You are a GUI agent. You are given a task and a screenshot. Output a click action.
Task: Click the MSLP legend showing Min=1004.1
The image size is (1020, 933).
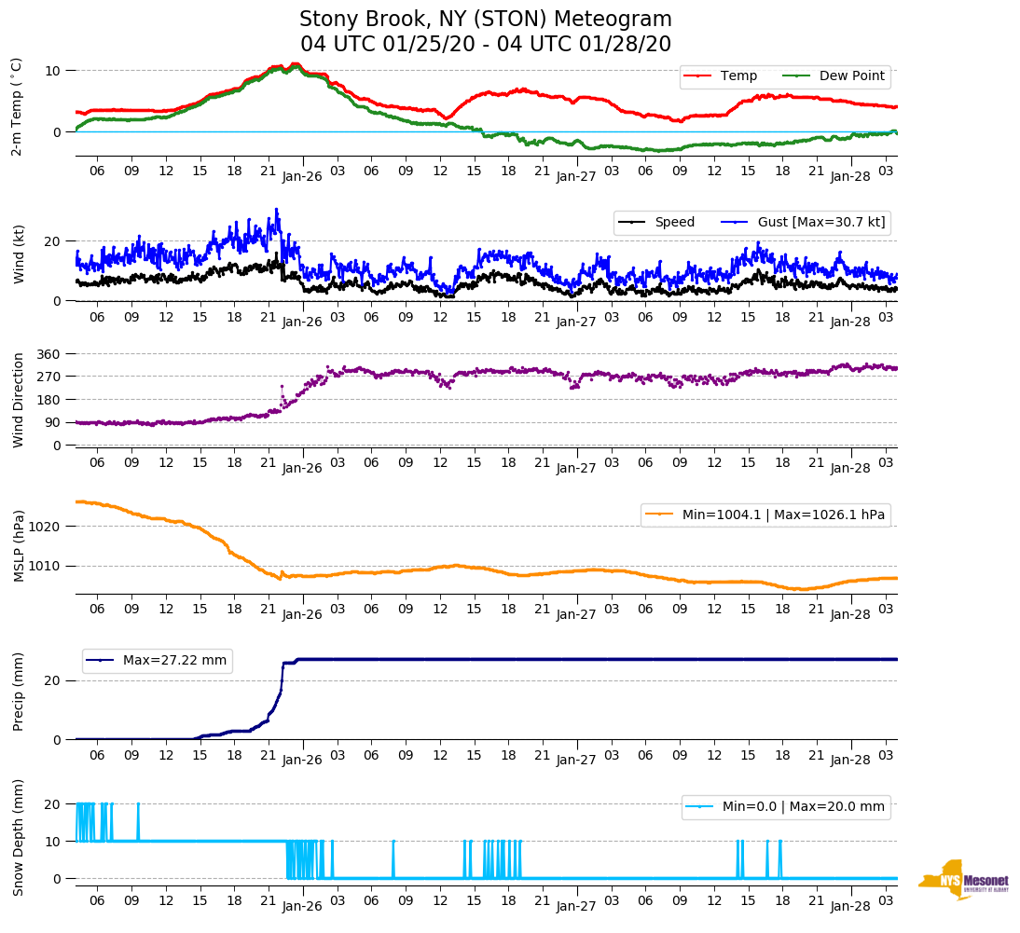pyautogui.click(x=765, y=515)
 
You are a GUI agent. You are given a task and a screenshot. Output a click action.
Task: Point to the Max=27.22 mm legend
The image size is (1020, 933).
pyautogui.click(x=157, y=661)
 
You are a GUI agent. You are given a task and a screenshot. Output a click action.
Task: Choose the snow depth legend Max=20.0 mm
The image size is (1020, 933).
pyautogui.click(x=785, y=807)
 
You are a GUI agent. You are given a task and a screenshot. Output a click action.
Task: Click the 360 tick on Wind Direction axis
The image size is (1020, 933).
pyautogui.click(x=48, y=354)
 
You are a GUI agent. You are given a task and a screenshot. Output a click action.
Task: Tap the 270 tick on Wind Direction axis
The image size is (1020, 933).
pyautogui.click(x=48, y=377)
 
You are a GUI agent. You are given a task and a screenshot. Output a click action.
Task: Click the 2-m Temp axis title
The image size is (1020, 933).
pyautogui.click(x=17, y=106)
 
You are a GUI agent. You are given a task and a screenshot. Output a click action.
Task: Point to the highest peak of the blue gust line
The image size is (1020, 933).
pyautogui.click(x=276, y=209)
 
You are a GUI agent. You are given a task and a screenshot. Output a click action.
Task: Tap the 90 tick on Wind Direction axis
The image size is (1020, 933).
pyautogui.click(x=52, y=422)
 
